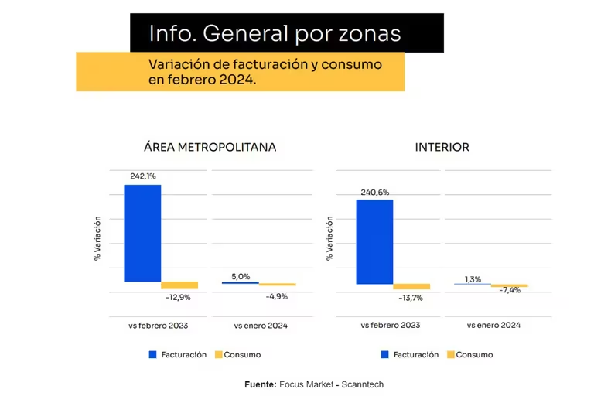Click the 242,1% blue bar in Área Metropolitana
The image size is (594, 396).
(142, 233)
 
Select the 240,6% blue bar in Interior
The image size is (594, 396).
(374, 241)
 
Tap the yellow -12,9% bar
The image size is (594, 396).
(179, 285)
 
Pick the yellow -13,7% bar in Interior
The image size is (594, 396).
(411, 286)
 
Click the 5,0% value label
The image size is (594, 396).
(241, 277)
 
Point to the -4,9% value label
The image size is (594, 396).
(277, 296)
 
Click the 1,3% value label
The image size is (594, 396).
(473, 279)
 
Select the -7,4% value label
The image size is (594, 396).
(510, 290)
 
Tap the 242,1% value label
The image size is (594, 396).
(143, 176)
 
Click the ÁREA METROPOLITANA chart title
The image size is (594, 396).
(210, 147)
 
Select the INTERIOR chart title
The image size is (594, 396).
(442, 147)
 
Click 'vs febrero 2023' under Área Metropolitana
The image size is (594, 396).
(158, 326)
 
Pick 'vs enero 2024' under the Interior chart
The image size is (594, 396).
(493, 325)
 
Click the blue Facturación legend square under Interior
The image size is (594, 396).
(385, 355)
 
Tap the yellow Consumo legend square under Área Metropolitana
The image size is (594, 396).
(219, 355)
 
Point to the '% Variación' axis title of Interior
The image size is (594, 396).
(329, 238)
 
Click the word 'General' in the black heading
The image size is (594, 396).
(245, 33)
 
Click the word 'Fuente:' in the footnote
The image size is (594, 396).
(261, 384)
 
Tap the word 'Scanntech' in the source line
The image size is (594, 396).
(363, 384)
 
